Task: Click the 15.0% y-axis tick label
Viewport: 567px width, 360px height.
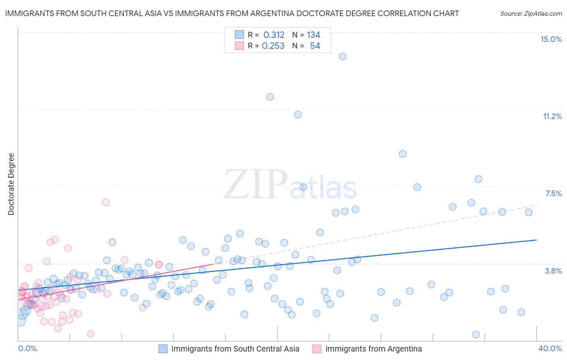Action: (x=551, y=39)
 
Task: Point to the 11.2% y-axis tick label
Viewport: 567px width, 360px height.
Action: (x=552, y=116)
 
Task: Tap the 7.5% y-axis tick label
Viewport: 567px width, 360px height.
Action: (x=553, y=193)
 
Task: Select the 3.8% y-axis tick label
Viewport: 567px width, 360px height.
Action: (x=553, y=271)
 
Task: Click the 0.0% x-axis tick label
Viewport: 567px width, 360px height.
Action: (x=27, y=348)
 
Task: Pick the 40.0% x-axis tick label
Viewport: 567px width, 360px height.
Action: (x=550, y=348)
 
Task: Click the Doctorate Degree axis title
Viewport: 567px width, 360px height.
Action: (x=11, y=184)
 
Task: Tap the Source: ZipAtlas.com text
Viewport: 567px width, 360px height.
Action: (x=531, y=13)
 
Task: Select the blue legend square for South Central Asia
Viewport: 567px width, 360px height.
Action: (x=163, y=349)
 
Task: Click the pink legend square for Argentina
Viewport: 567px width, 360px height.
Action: (x=317, y=349)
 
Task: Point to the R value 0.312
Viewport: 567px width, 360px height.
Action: (x=274, y=35)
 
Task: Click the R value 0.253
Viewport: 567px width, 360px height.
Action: (x=273, y=46)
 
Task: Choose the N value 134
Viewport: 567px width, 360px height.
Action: (x=313, y=35)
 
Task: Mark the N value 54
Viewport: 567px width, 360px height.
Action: (x=315, y=46)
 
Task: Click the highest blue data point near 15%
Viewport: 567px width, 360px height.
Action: (x=343, y=57)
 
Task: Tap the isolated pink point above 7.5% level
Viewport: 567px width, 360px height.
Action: (x=106, y=202)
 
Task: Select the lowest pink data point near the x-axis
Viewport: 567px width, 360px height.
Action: (x=91, y=334)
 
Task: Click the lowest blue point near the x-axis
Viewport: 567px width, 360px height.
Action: (x=476, y=334)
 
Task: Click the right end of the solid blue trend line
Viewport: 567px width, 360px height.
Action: (x=536, y=240)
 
